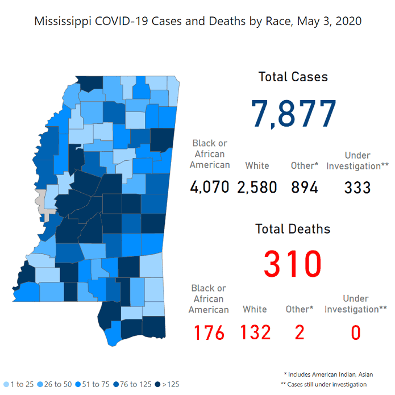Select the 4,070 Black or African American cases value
pos(210,186)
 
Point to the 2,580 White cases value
pos(257,186)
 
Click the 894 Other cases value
pos(305,186)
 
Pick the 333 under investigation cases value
pos(357,186)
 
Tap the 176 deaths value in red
pos(209,332)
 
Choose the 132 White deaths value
pos(255,332)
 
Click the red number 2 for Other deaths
pos(300,332)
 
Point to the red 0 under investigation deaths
pos(356,332)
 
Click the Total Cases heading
pos(293,77)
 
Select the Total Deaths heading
pos(293,229)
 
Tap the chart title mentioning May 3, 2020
pos(198,22)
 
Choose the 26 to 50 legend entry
pos(56,384)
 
